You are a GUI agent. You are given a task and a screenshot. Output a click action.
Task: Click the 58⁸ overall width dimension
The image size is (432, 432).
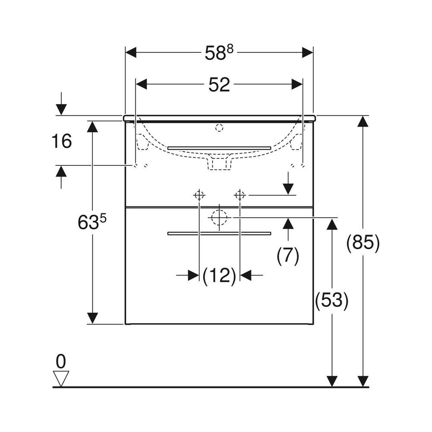(x=219, y=53)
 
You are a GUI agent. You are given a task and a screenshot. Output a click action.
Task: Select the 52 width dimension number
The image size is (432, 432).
(x=219, y=85)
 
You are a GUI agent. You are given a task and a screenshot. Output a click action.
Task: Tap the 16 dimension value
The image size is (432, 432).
(x=62, y=141)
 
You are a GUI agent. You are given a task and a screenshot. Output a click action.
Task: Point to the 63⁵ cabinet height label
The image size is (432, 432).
(x=92, y=222)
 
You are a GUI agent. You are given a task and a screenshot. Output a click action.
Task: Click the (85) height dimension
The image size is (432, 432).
(x=363, y=243)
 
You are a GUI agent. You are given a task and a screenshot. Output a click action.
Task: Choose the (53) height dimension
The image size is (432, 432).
(x=332, y=300)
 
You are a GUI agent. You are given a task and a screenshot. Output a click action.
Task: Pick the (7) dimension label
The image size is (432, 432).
(x=288, y=255)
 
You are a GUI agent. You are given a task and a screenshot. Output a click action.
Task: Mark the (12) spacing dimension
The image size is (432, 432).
(x=219, y=275)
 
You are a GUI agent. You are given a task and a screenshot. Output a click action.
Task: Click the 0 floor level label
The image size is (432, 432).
(x=61, y=361)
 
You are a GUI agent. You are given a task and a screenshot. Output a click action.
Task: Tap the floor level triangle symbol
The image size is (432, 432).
(x=61, y=379)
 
